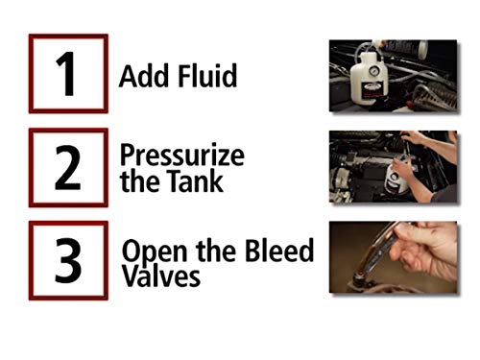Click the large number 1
tap(65, 75)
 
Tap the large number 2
tap(66, 167)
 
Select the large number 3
tap(66, 260)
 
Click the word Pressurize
tap(182, 156)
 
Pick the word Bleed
tap(282, 252)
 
